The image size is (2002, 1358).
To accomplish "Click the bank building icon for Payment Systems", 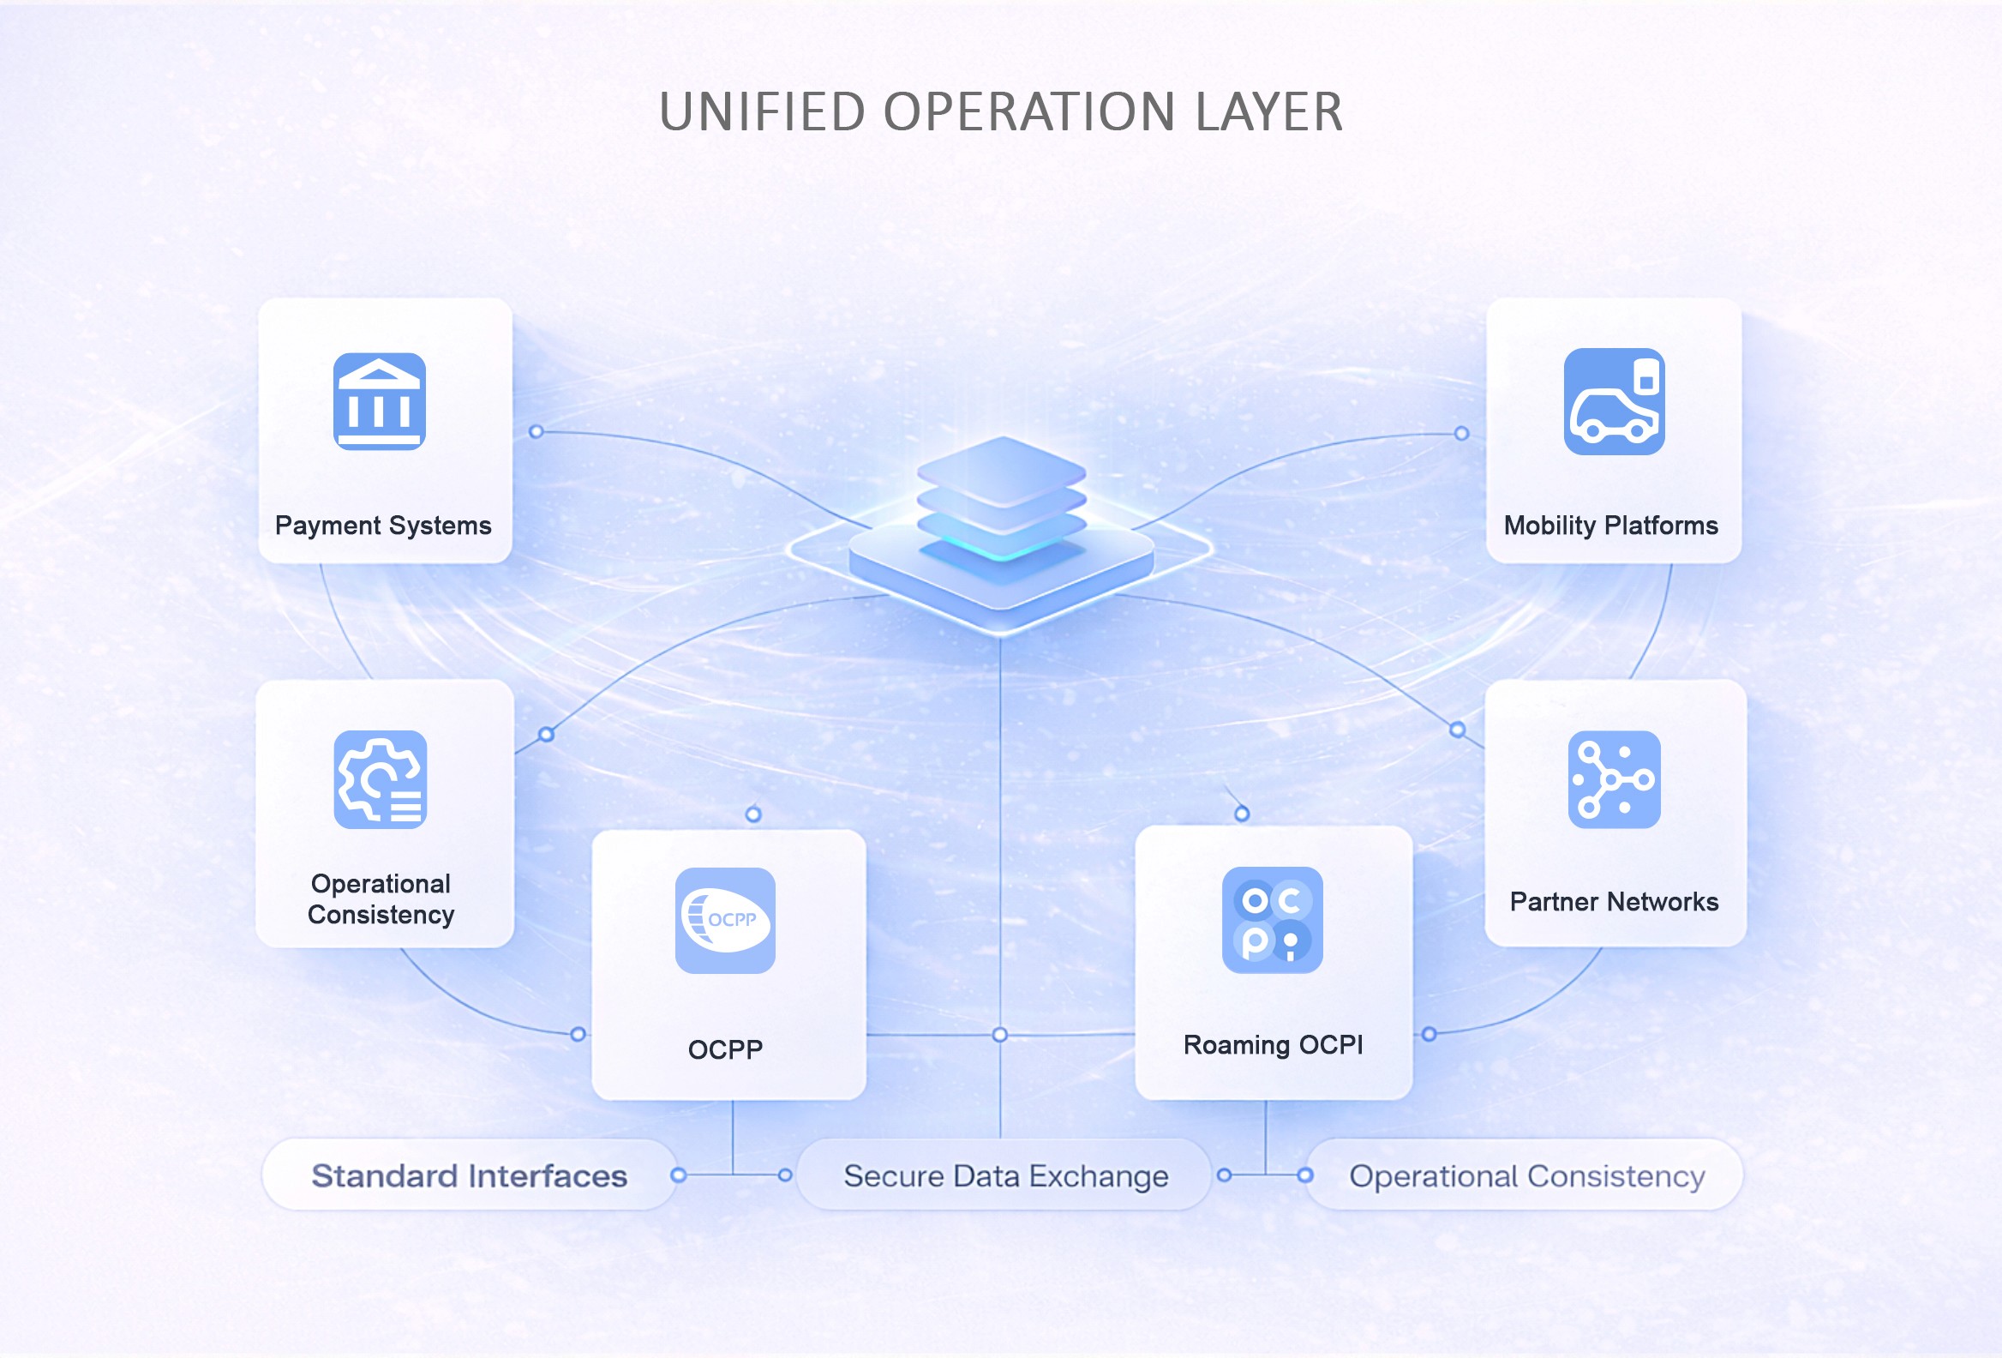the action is point(379,401).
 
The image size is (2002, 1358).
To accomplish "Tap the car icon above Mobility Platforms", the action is point(1614,401).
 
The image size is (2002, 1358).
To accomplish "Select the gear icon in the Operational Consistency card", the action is point(380,780).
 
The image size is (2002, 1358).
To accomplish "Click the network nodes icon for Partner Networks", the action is point(1614,780).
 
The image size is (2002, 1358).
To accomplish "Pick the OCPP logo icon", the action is point(724,920).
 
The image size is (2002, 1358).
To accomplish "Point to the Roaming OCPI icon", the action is point(1272,920).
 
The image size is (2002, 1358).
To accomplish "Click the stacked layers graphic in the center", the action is point(1001,526).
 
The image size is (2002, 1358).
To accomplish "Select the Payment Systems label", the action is point(383,526).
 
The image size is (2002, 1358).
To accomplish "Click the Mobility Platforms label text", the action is point(1611,526).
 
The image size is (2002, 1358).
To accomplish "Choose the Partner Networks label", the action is point(1614,901).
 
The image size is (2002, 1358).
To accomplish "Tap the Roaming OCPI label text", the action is point(1273,1044).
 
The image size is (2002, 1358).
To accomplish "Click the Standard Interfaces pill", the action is point(470,1175).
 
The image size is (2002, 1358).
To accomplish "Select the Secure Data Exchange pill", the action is point(1005,1175).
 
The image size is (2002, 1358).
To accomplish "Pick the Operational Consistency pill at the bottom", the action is point(1526,1175).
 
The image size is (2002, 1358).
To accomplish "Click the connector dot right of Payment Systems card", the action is point(536,431).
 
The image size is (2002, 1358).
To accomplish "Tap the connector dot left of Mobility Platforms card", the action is point(1461,434).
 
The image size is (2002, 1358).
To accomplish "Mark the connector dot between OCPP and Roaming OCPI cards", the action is point(999,1034).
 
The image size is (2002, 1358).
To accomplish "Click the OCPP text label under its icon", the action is point(724,1049).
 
